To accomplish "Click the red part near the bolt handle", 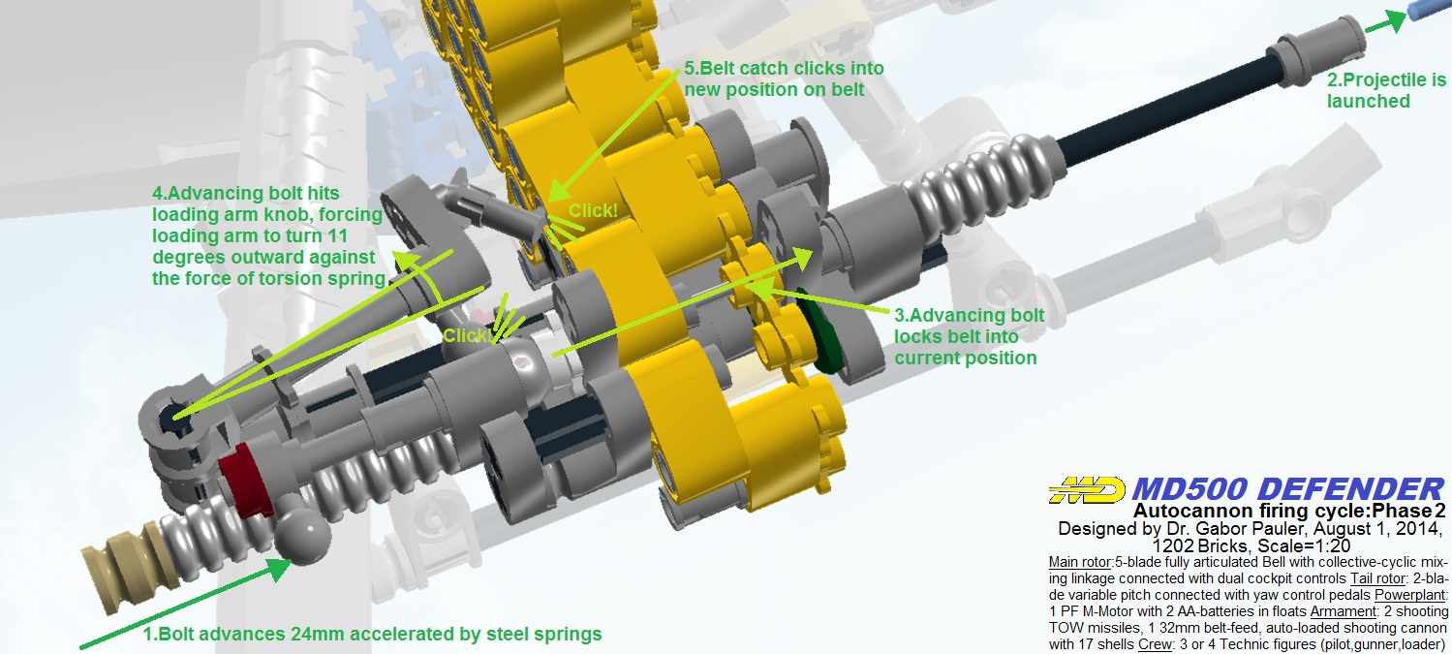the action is pyautogui.click(x=246, y=481).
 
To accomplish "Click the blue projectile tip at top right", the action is pyautogui.click(x=1430, y=11).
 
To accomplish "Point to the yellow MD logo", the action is pyautogui.click(x=1087, y=490).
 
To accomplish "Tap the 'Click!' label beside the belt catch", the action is pyautogui.click(x=593, y=210).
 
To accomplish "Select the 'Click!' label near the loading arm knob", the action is pyautogui.click(x=467, y=336).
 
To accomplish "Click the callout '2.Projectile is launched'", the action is pyautogui.click(x=1386, y=90).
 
